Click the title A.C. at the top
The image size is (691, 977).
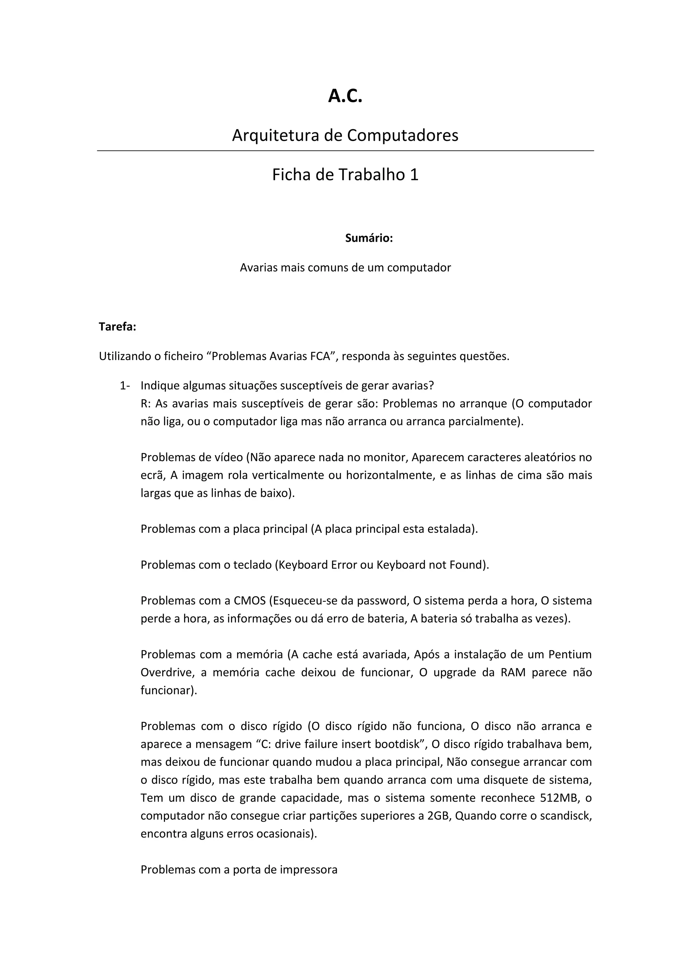(x=345, y=96)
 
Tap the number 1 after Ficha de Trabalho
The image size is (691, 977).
(x=414, y=174)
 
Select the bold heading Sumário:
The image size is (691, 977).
(x=369, y=238)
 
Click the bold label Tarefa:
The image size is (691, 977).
(x=117, y=327)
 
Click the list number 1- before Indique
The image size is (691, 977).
(x=125, y=386)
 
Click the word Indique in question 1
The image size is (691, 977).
(x=160, y=386)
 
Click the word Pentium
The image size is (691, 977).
(x=570, y=654)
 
